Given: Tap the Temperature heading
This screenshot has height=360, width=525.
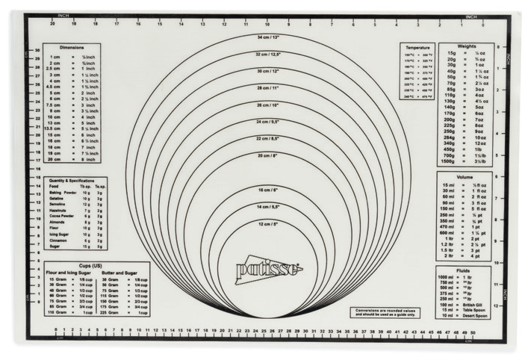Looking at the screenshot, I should point(415,47).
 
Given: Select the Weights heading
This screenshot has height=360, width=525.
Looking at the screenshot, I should point(467,46).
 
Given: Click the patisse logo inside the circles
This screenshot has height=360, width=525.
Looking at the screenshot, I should point(270,269).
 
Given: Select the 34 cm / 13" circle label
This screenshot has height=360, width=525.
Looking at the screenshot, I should point(269,37).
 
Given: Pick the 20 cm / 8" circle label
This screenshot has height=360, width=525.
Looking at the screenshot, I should point(269,155).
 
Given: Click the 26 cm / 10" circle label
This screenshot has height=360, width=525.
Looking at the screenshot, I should point(269,105).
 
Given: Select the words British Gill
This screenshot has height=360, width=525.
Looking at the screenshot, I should point(474,305).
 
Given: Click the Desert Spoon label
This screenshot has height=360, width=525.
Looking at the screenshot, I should point(475,316).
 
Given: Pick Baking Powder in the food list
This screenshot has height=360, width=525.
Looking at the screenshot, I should point(63,192).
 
